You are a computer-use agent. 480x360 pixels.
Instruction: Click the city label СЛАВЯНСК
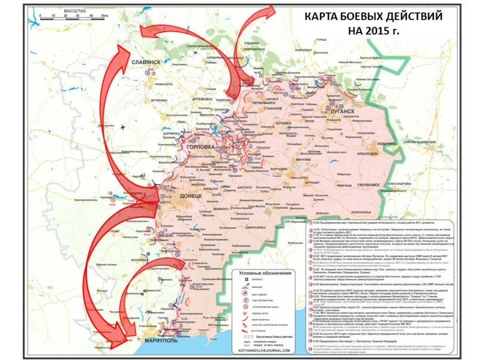[146, 62]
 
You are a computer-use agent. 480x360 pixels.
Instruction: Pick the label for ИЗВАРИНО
[385, 144]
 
